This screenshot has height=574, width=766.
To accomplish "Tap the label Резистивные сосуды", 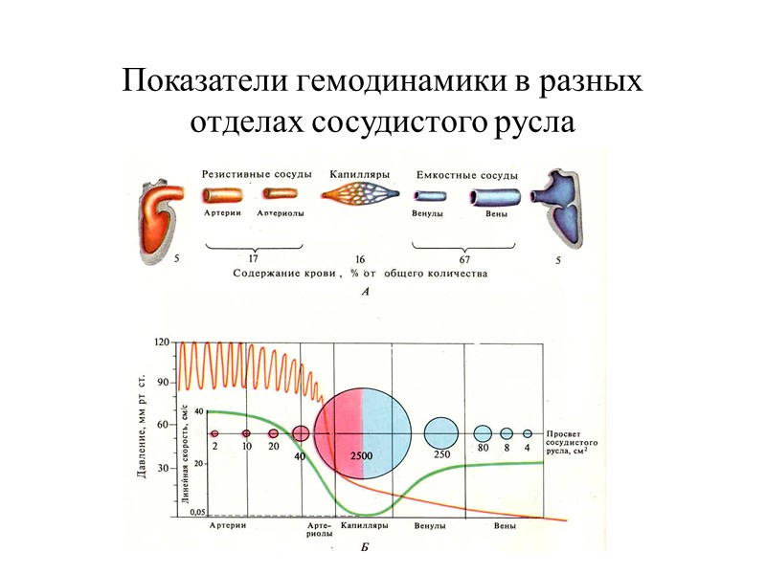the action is coord(257,174).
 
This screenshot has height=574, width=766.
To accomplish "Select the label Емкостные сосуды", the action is coord(468,175).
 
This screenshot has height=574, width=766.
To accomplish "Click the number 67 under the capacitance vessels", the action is coord(463,259).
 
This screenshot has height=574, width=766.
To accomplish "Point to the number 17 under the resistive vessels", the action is coord(253,259).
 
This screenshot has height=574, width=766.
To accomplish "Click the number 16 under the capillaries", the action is coord(359,259).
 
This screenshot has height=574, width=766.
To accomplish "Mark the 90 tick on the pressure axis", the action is coord(164,382).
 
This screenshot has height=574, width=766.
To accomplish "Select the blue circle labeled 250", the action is coord(441,432).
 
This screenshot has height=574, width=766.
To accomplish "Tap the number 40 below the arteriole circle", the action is coord(300,456).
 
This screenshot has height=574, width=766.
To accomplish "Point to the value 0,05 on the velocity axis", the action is coord(197,512).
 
